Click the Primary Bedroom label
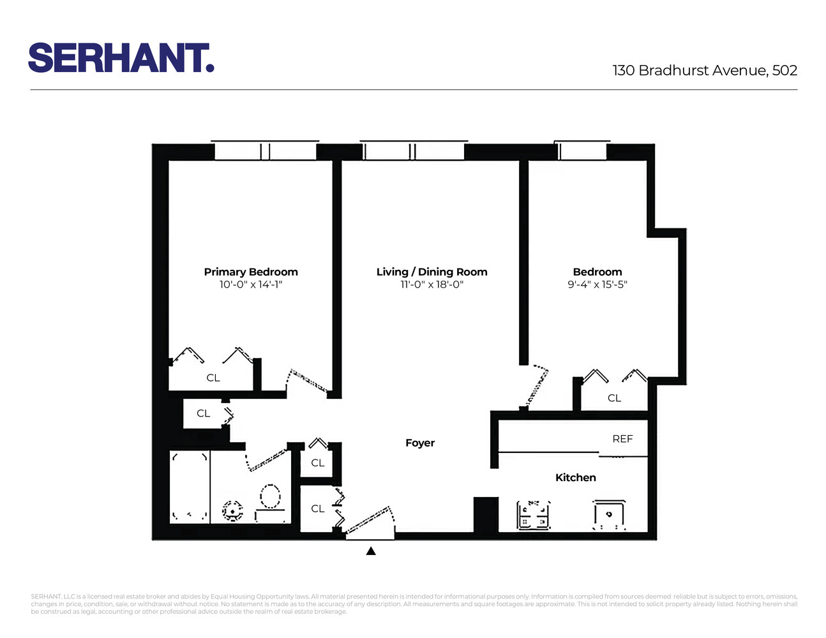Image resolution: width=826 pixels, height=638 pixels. [x=251, y=272]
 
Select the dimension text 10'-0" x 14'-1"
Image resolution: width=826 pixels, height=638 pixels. [x=251, y=285]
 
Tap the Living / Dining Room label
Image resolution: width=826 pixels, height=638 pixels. [x=432, y=272]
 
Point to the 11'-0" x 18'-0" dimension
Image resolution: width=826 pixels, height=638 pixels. [x=432, y=285]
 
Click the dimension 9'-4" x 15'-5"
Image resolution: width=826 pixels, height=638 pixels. [x=597, y=285]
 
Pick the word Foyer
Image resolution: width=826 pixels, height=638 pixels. [x=420, y=443]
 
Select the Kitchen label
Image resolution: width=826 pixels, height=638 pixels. [x=575, y=477]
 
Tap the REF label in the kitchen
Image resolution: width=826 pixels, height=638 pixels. [x=622, y=439]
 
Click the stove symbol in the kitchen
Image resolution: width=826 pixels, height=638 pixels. [x=534, y=515]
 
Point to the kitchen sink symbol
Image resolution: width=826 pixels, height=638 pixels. [x=608, y=515]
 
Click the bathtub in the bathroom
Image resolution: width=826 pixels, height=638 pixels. [x=190, y=486]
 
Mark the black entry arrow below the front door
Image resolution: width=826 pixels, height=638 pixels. [x=371, y=551]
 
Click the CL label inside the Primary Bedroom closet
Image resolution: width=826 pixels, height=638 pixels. [x=213, y=378]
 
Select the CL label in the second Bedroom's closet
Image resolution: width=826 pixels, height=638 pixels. [x=614, y=398]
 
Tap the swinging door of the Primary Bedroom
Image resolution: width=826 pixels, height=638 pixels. [x=308, y=382]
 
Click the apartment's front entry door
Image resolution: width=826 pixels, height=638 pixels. [x=370, y=521]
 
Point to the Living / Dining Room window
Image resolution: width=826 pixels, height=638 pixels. [x=414, y=151]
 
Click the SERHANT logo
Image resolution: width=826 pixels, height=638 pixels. [x=121, y=58]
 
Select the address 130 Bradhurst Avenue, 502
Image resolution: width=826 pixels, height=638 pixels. [x=705, y=70]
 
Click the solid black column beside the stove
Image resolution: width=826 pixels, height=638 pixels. [x=486, y=514]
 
